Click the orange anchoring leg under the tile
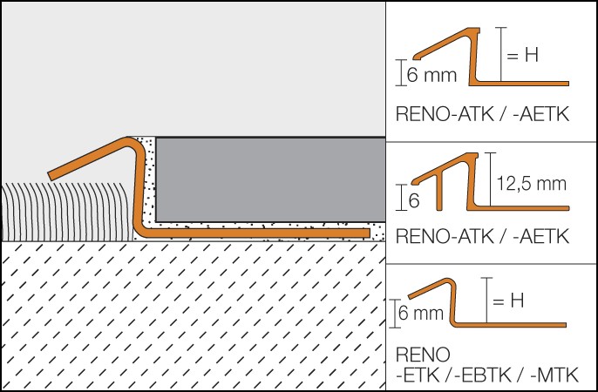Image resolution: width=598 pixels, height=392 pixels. click(262, 232)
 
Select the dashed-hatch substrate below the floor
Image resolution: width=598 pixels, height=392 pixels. click(192, 314)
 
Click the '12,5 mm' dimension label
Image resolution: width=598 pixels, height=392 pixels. click(531, 184)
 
